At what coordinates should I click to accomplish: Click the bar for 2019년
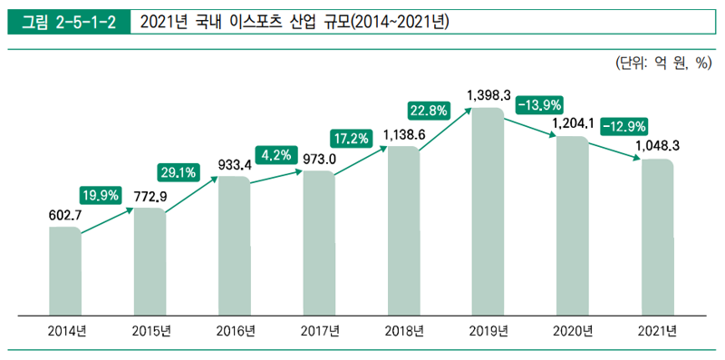[x=488, y=212]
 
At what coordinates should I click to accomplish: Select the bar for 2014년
[x=65, y=271]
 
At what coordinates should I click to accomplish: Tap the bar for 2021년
[x=657, y=238]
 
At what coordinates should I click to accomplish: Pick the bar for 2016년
[x=235, y=246]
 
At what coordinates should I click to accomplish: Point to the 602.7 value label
[x=66, y=215]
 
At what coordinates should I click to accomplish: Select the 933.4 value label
[x=236, y=164]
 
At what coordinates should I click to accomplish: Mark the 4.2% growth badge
[x=276, y=155]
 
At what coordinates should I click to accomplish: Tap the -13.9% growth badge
[x=540, y=105]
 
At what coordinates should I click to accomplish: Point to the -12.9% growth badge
[x=624, y=125]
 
